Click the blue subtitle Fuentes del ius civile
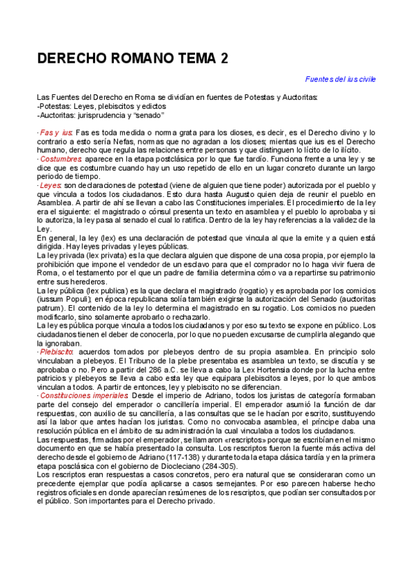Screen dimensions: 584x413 (x=341, y=80)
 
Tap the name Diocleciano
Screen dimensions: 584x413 (x=172, y=466)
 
